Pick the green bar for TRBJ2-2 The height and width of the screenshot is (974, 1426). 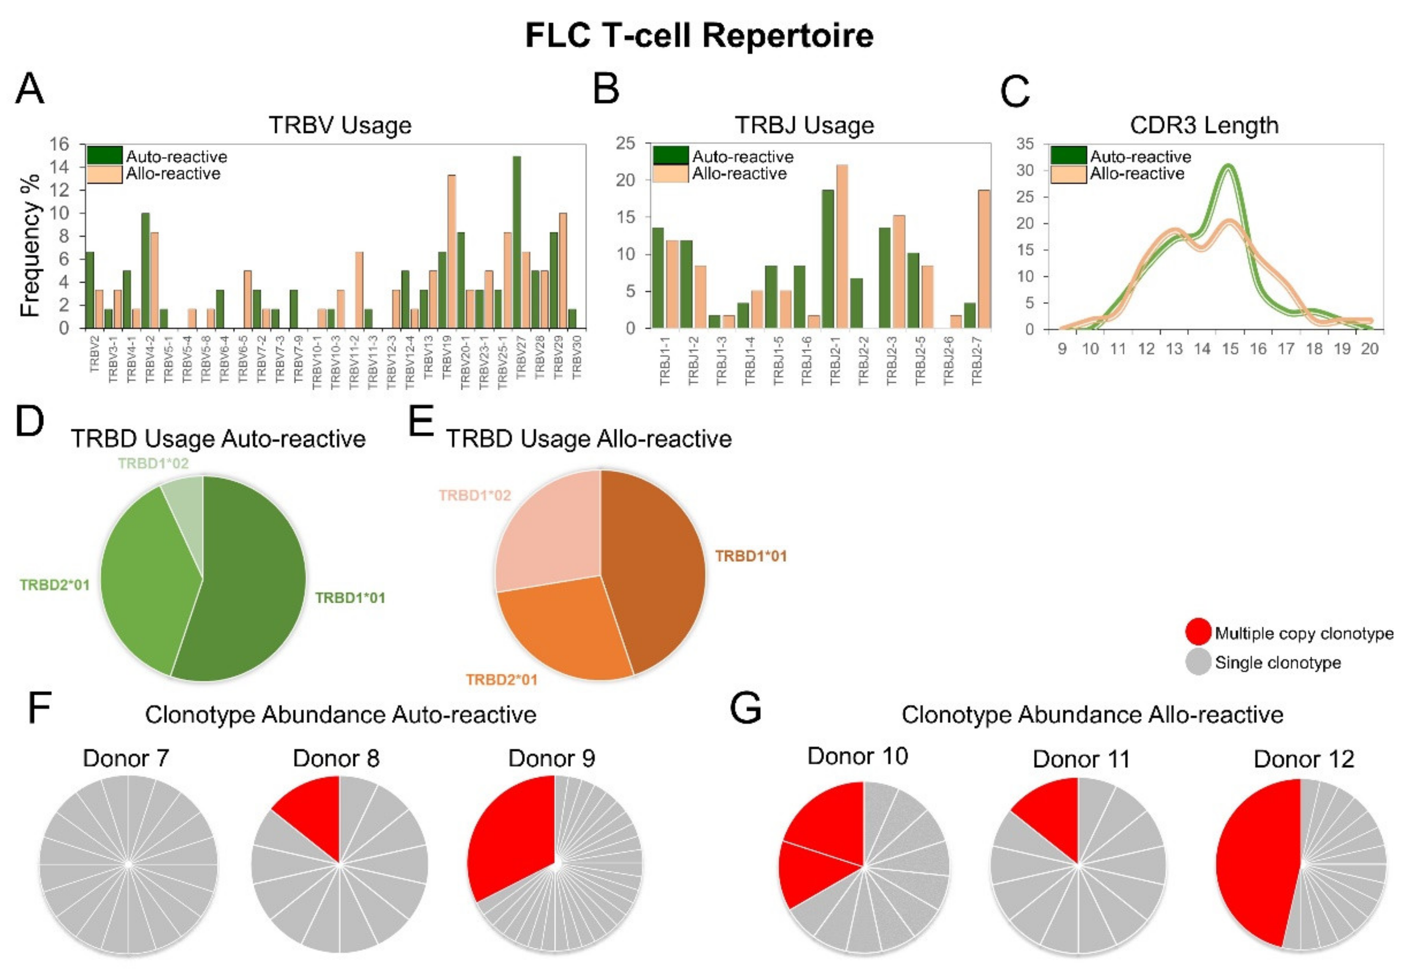857,303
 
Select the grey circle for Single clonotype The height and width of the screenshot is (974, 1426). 1198,662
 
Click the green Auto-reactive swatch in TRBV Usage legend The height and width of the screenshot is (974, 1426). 104,156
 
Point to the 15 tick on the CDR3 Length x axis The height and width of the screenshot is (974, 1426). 1230,349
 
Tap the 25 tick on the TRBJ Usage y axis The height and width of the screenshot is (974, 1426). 626,144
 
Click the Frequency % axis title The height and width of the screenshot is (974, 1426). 30,245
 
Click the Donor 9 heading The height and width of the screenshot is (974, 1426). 551,759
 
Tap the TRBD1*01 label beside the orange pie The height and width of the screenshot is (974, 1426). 751,556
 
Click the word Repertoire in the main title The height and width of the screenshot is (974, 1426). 788,35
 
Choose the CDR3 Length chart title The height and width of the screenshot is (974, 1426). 1204,125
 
